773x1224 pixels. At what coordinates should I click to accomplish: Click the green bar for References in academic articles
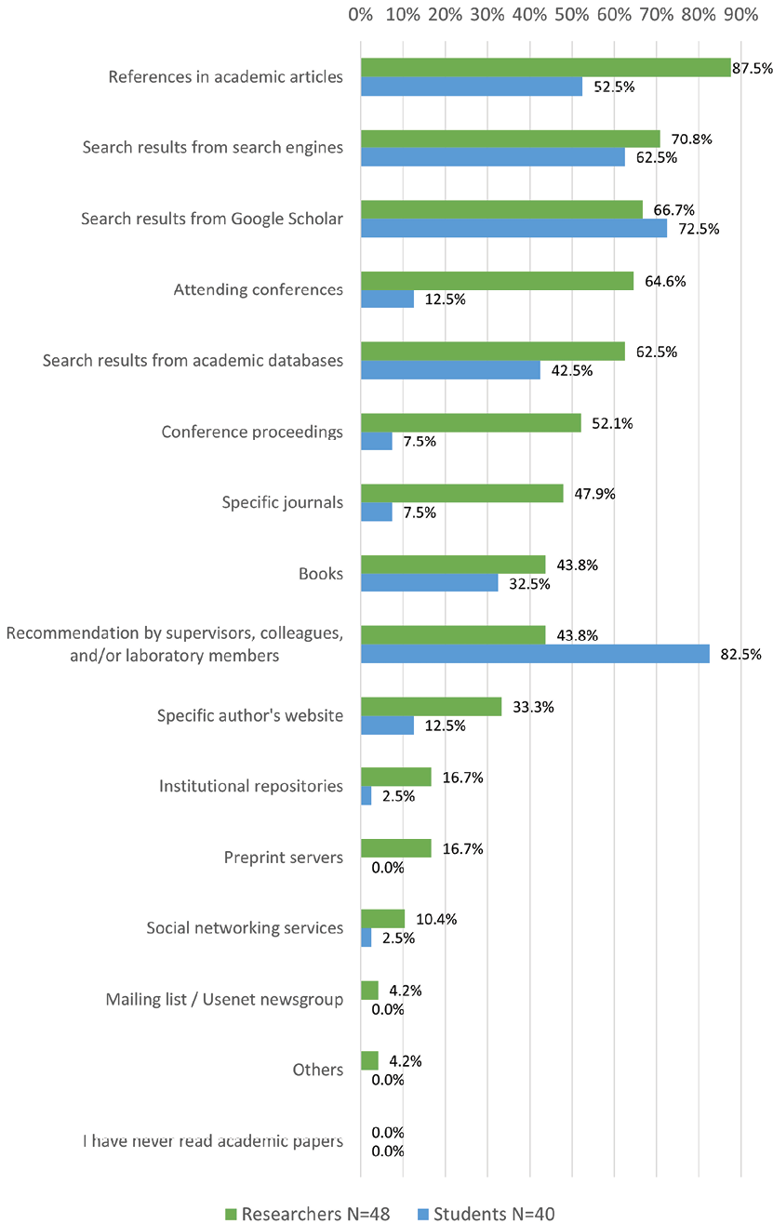545,67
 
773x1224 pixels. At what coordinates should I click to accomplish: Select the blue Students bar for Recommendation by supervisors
535,654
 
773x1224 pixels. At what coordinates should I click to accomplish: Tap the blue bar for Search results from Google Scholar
513,229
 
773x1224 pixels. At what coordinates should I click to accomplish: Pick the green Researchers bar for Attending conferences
497,281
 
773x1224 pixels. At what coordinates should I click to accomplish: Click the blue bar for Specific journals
376,512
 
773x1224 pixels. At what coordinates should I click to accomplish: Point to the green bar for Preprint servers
395,848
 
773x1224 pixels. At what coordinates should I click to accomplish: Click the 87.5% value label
753,69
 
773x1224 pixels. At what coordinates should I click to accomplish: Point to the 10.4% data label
436,919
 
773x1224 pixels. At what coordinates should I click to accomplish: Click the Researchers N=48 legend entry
306,1214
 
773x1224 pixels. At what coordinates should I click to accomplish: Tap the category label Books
322,574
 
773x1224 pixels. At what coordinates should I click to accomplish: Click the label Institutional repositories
251,787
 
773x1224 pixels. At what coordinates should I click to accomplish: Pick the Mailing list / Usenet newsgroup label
225,1000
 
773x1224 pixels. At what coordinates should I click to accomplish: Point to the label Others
318,1070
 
